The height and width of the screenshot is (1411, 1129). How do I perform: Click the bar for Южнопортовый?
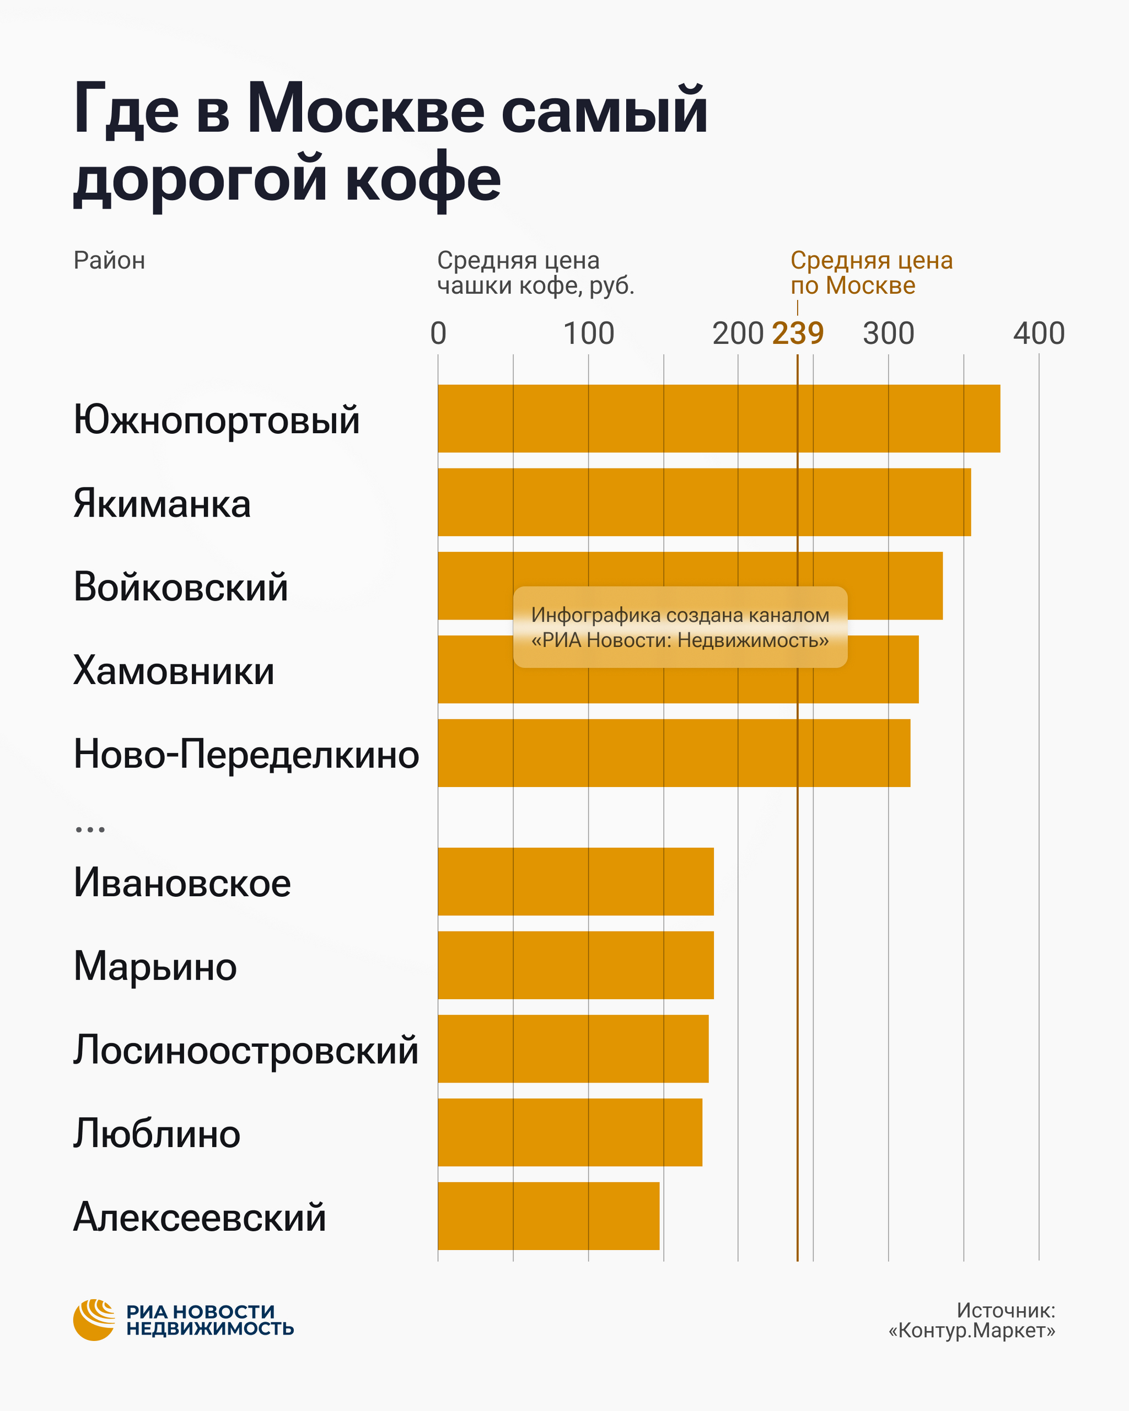[x=719, y=418]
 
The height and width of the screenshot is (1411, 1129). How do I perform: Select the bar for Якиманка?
[x=704, y=502]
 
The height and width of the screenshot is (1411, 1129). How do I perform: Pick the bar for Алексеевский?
[x=549, y=1216]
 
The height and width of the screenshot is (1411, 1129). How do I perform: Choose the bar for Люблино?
[x=570, y=1132]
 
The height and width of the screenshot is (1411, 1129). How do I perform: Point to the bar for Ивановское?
[x=576, y=881]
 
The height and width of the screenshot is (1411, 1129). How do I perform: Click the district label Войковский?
[x=181, y=586]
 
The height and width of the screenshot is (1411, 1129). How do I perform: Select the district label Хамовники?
[x=174, y=670]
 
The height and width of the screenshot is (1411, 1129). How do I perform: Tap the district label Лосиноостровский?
[x=245, y=1050]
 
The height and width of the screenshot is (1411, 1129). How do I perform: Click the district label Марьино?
[x=155, y=966]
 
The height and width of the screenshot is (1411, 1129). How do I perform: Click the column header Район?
[x=109, y=261]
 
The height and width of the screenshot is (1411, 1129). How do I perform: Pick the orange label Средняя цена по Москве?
[x=871, y=272]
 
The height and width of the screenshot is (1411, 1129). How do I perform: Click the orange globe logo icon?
[x=94, y=1320]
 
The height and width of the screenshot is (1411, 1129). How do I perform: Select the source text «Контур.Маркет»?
[x=971, y=1330]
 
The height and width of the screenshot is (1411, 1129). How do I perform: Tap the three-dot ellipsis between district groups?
[x=90, y=829]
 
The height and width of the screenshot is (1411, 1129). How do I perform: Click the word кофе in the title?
[x=423, y=178]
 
